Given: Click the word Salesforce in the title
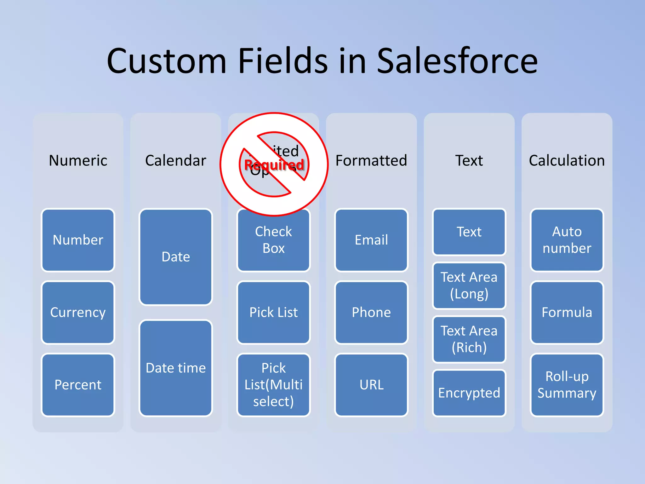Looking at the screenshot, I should [x=457, y=60].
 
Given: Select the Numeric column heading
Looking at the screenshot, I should [x=78, y=160].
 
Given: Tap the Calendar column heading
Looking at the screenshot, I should [x=175, y=160].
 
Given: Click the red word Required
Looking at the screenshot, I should [x=274, y=164].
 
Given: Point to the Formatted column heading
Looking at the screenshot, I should [x=371, y=160].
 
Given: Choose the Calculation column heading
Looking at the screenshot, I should [x=567, y=160].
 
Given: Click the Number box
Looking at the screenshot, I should [x=78, y=240].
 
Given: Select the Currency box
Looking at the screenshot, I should [x=78, y=312].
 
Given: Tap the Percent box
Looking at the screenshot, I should [x=78, y=385].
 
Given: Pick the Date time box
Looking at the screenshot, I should [x=175, y=368].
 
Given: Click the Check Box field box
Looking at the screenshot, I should [x=273, y=240].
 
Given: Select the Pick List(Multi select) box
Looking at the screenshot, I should [x=273, y=385].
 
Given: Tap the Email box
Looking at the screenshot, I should [x=371, y=240].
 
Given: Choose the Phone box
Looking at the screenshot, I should [x=371, y=312].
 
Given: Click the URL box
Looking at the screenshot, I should [x=371, y=385].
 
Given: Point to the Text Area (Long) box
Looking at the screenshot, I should [x=469, y=285].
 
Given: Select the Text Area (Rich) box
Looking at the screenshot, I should [x=469, y=339].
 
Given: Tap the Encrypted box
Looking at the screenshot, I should [x=469, y=393].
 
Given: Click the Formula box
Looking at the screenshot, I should [x=567, y=312].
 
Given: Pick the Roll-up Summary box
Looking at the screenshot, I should [x=567, y=385].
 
